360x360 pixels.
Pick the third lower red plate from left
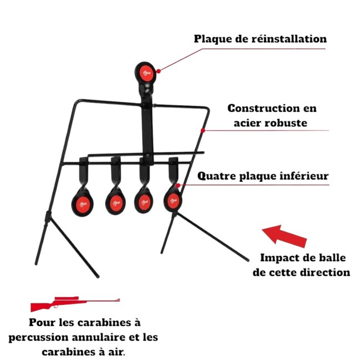pos(145,200)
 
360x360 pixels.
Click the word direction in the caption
pos(323,272)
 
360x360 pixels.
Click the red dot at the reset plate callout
pos(158,70)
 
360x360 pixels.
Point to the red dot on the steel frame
pos(204,131)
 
